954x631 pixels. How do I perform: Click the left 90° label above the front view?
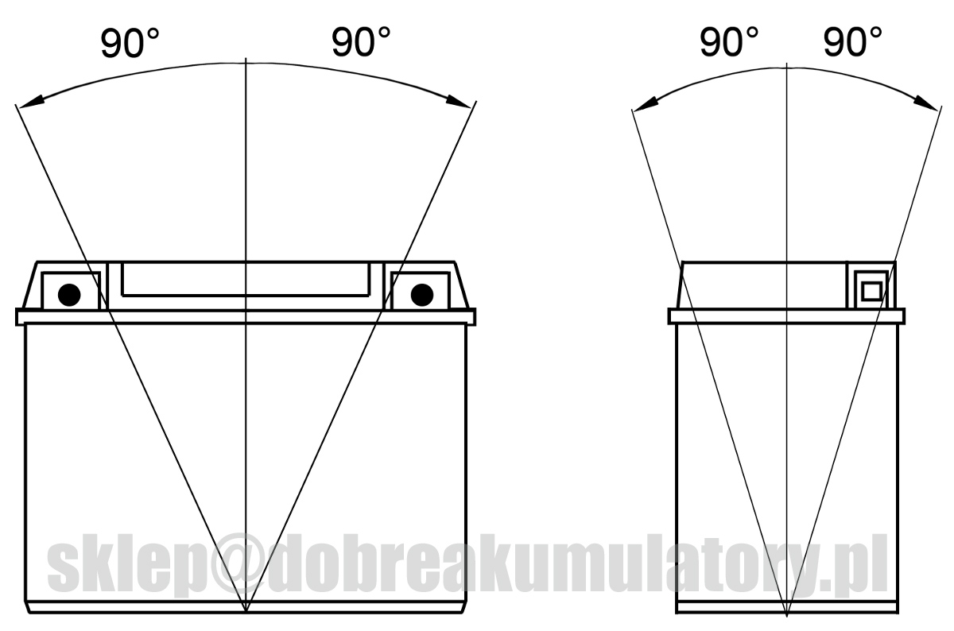[x=130, y=43]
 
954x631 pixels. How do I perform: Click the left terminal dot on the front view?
[x=69, y=294]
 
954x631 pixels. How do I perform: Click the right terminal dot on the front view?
[x=422, y=294]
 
